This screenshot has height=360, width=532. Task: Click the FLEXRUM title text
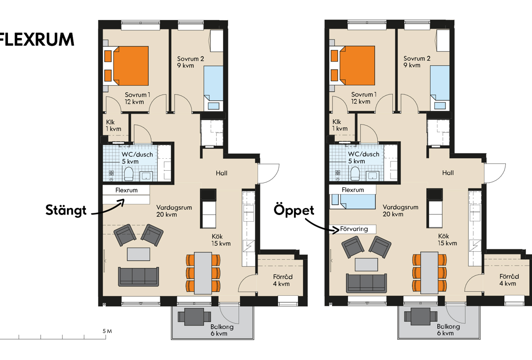[x=37, y=39]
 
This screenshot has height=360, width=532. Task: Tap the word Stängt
[x=66, y=210]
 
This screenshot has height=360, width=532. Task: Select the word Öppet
[x=294, y=210]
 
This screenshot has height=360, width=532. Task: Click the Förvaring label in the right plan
[x=354, y=229]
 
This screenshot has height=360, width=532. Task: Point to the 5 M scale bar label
[x=107, y=331]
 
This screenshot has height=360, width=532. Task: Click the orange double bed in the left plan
[x=131, y=66]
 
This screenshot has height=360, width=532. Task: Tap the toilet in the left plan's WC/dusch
[x=129, y=174]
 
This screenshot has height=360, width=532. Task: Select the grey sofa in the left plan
[x=138, y=277]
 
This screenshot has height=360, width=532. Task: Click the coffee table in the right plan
[x=366, y=265]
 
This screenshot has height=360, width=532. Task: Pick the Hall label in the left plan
[x=221, y=173]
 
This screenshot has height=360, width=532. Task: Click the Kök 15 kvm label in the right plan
[x=447, y=239]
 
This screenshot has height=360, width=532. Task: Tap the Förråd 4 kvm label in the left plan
[x=282, y=280]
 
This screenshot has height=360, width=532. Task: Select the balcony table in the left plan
[x=194, y=317]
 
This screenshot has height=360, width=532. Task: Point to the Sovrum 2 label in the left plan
[x=191, y=59]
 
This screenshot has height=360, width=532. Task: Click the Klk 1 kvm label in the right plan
[x=340, y=125]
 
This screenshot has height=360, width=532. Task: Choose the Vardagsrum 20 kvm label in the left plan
[x=174, y=211]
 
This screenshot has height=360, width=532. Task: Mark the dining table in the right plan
[x=430, y=273]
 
